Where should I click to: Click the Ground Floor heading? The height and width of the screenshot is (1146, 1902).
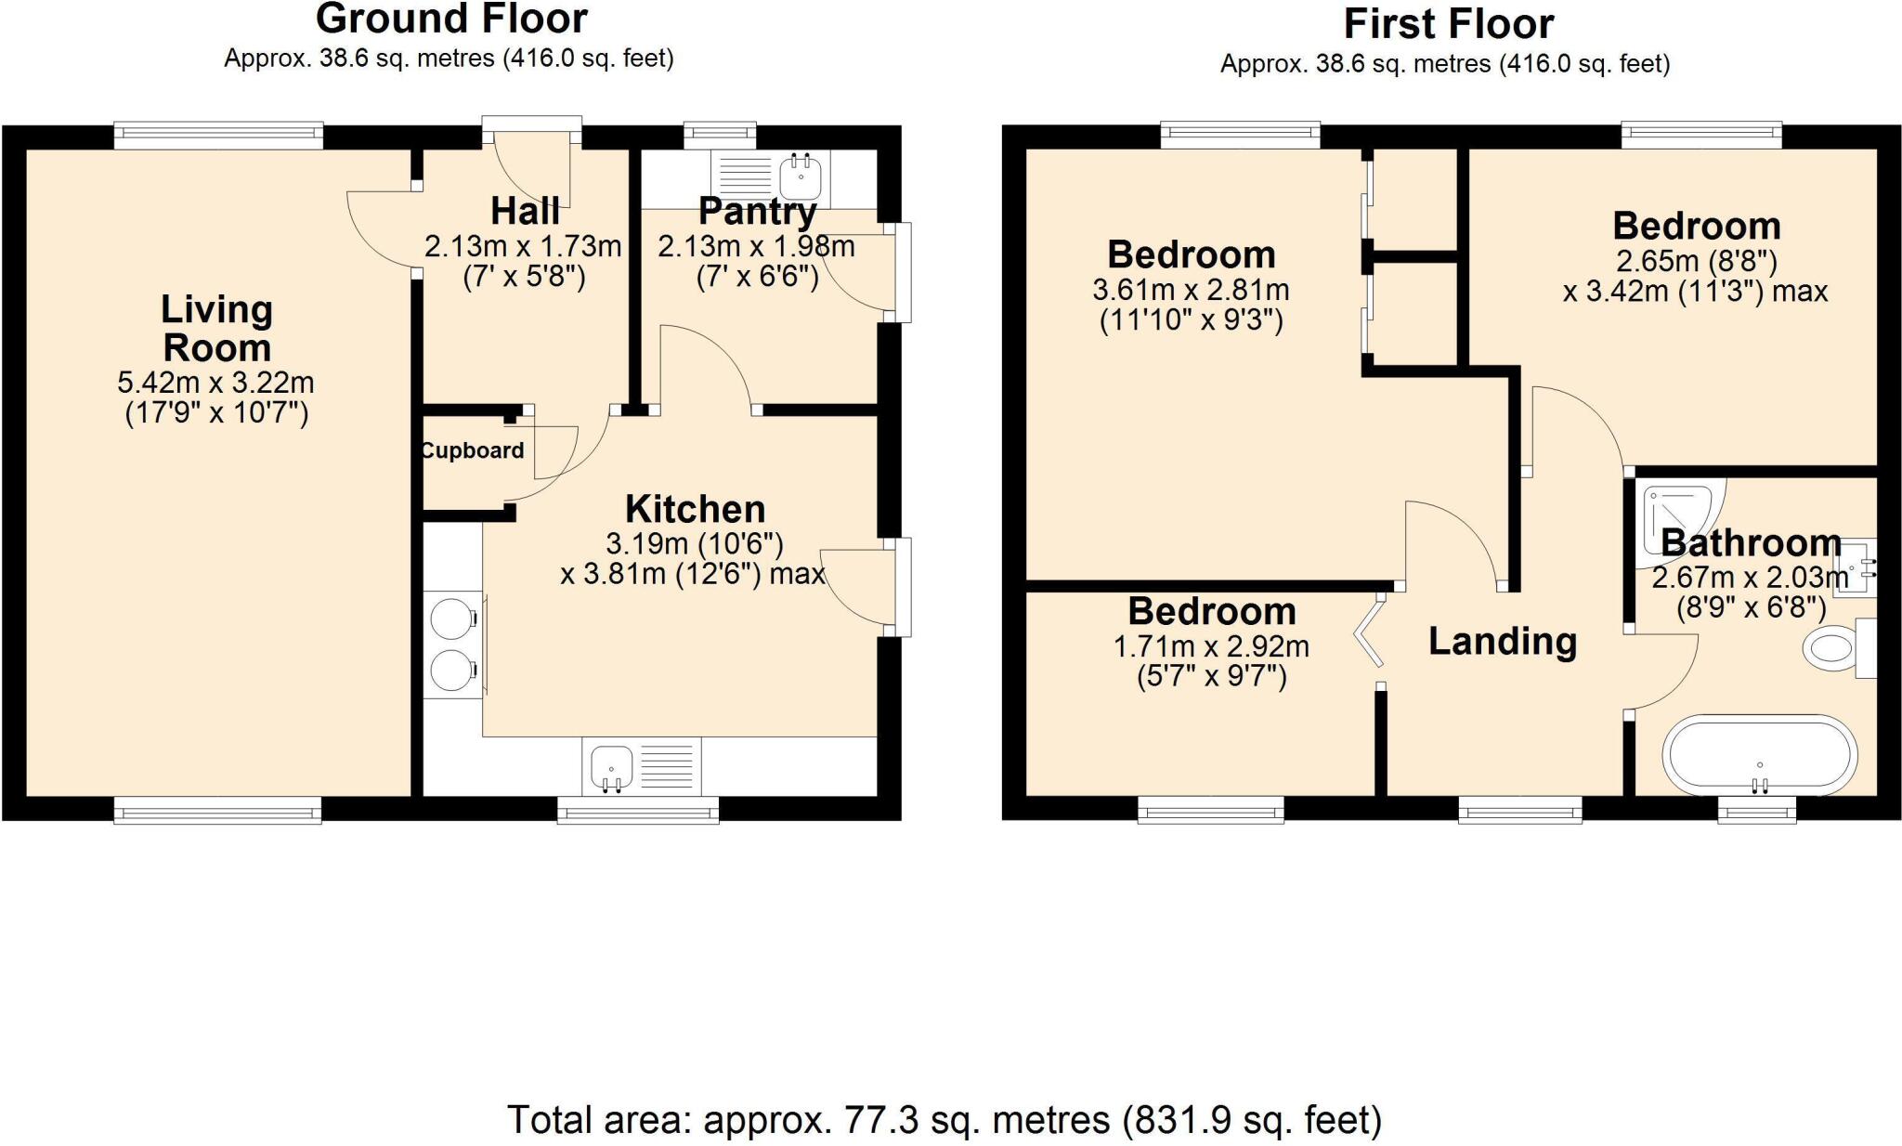coord(451,19)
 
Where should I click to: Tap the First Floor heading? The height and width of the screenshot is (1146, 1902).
coord(1448,24)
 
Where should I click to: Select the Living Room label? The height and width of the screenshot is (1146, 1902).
coord(216,329)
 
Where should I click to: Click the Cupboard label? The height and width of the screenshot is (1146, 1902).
coord(472,450)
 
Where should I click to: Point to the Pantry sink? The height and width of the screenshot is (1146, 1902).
coord(800,175)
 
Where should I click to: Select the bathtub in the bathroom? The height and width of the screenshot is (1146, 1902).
coord(1760,754)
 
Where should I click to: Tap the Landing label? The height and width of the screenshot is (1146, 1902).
coord(1502,642)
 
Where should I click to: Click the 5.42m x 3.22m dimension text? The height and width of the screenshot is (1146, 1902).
coord(215,383)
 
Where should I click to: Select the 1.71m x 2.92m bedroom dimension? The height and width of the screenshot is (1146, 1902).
coord(1211,646)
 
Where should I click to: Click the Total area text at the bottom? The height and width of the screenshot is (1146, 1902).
coord(944,1120)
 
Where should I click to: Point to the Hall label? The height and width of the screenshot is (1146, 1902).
coord(525,211)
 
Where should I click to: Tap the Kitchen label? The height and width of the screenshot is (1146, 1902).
coord(695,509)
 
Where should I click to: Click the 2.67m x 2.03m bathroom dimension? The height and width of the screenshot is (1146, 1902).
coord(1750,578)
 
